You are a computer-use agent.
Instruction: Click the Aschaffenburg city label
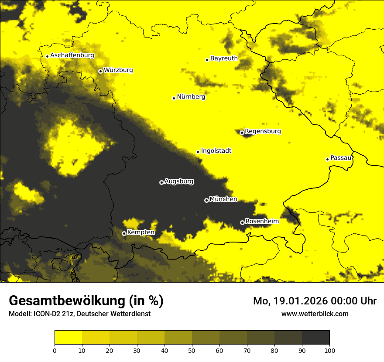72,55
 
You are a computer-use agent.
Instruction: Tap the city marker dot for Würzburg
100,71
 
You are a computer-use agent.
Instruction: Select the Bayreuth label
224,58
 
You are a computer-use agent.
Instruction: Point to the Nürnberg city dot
174,98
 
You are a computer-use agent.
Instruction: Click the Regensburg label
263,131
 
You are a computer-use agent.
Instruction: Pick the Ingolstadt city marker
198,152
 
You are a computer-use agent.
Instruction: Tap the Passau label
341,158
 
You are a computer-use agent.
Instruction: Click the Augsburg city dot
161,182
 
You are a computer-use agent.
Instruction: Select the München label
223,199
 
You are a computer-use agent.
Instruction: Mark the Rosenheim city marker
242,222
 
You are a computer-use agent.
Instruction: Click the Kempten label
141,232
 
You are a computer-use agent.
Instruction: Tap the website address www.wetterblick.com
315,314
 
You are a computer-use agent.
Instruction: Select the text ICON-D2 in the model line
48,314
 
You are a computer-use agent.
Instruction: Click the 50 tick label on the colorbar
192,350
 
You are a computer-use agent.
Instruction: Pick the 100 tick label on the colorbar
329,350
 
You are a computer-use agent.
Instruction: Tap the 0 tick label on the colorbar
55,350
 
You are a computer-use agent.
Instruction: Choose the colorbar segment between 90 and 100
315,338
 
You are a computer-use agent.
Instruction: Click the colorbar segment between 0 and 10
68,338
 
